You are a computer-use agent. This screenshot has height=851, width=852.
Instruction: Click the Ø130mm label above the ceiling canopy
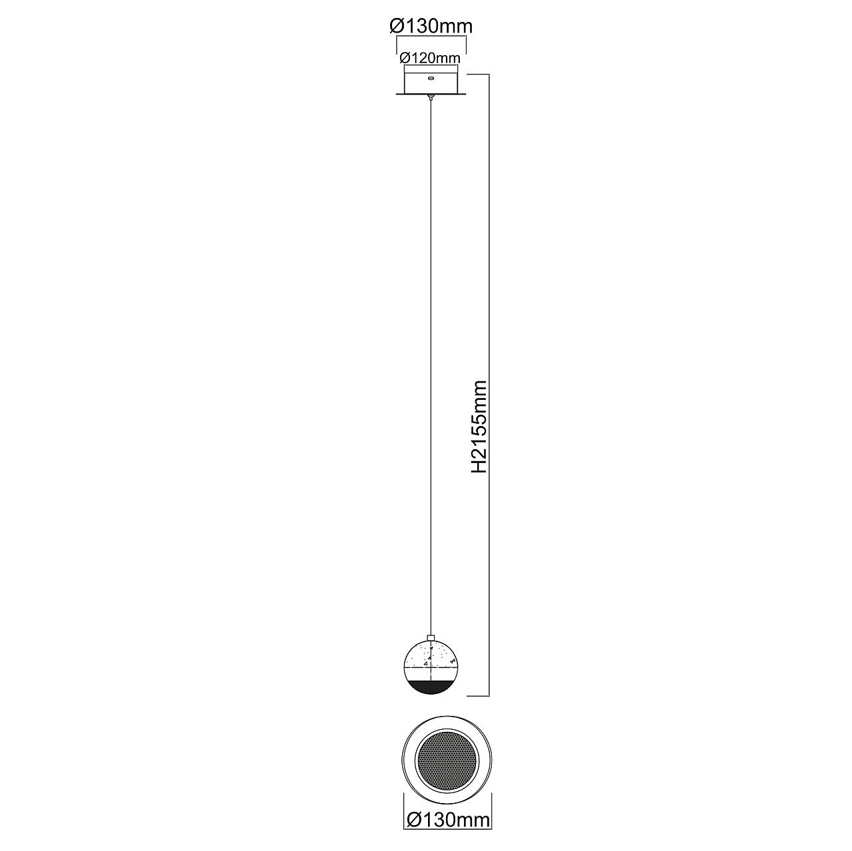pyautogui.click(x=431, y=26)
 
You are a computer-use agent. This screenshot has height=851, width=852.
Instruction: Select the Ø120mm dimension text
pyautogui.click(x=430, y=58)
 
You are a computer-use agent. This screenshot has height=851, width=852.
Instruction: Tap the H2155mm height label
pyautogui.click(x=479, y=427)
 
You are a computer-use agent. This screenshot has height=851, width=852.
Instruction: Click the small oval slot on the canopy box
pyautogui.click(x=431, y=79)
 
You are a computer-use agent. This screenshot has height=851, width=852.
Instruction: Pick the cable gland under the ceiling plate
pyautogui.click(x=431, y=97)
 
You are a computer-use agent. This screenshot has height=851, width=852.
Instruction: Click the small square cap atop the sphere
pyautogui.click(x=431, y=651)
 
